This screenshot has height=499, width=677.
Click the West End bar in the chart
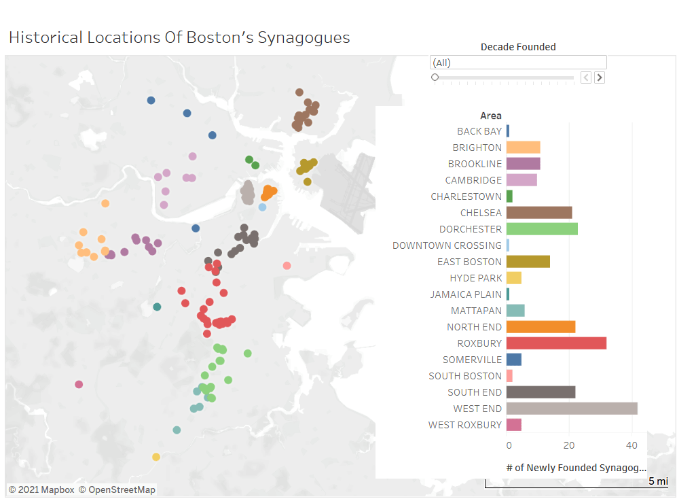(572, 409)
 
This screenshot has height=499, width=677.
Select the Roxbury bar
(556, 343)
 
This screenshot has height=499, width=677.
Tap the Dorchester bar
(542, 229)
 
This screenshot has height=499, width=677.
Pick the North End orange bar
(541, 327)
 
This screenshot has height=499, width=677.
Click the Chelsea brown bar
(539, 213)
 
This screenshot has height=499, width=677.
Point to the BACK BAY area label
(479, 131)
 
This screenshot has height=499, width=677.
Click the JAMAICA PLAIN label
(466, 294)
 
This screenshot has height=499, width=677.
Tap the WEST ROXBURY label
(465, 425)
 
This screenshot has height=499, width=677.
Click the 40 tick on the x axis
(632, 445)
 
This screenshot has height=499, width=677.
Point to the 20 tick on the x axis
(569, 445)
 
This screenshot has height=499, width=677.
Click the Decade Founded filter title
(518, 47)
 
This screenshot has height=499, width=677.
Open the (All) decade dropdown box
(518, 63)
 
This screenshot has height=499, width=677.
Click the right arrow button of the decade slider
(600, 78)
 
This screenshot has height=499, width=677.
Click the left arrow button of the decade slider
(586, 78)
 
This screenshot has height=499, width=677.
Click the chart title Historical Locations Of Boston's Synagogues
(179, 37)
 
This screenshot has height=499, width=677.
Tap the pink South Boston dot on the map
(287, 266)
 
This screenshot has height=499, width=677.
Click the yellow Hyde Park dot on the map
(156, 457)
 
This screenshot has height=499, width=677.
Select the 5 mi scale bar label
(657, 481)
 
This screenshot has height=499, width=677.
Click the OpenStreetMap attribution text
(117, 489)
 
